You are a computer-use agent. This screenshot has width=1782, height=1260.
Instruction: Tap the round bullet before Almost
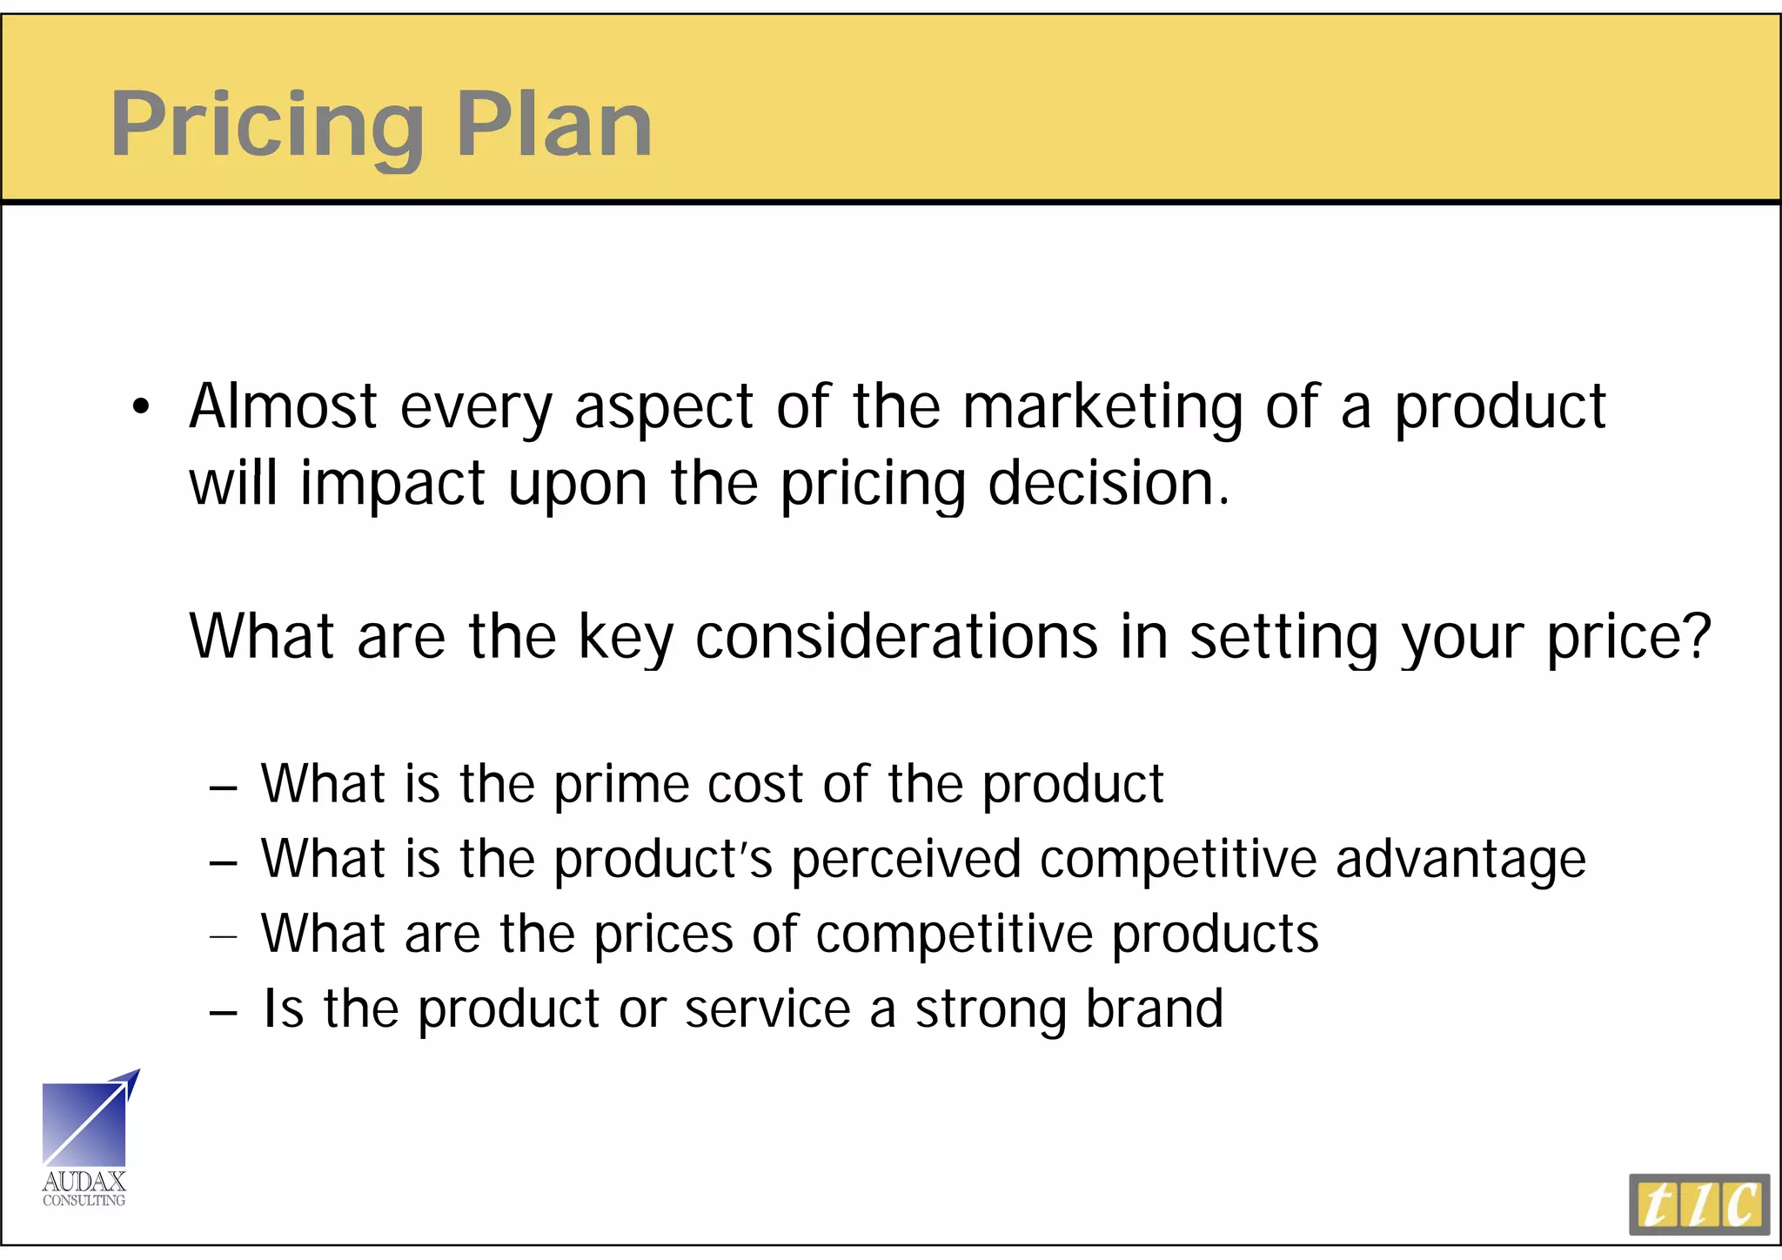pos(142,406)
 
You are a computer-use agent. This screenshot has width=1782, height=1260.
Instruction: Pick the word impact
pos(392,484)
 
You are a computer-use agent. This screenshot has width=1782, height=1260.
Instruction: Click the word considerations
pos(896,636)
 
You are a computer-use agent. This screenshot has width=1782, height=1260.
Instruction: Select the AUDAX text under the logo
pos(84,1181)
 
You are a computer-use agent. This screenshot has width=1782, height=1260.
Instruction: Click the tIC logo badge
pos(1698,1204)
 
